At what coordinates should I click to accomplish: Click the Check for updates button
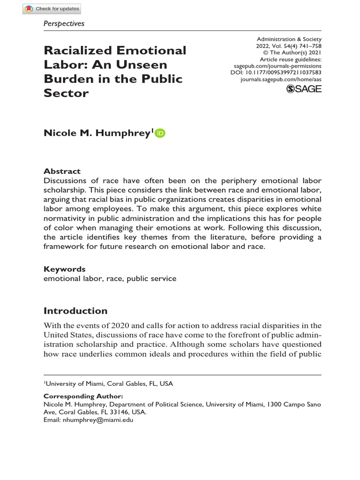(x=52, y=8)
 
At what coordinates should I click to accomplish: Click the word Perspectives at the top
(x=64, y=23)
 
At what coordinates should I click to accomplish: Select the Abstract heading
(x=62, y=171)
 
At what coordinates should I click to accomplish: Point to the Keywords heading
(x=65, y=269)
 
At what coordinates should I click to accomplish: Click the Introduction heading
(x=75, y=311)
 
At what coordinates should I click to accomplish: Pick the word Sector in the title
(x=66, y=93)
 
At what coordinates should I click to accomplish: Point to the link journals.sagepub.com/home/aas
(x=281, y=80)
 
